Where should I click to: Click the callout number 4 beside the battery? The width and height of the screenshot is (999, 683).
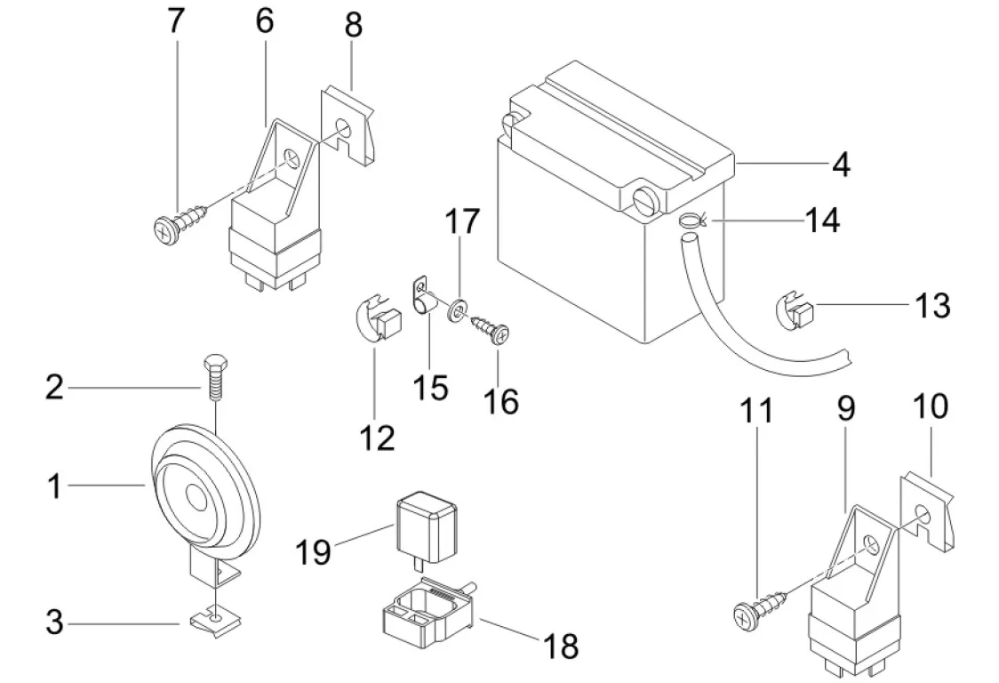[839, 165]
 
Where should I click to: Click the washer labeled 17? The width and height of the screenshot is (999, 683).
[458, 309]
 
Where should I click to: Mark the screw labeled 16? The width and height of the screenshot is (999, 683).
[491, 331]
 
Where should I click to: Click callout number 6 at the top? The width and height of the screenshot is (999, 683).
[265, 21]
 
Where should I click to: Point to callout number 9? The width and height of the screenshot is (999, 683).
[844, 408]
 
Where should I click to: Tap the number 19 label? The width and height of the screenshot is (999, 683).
[314, 551]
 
